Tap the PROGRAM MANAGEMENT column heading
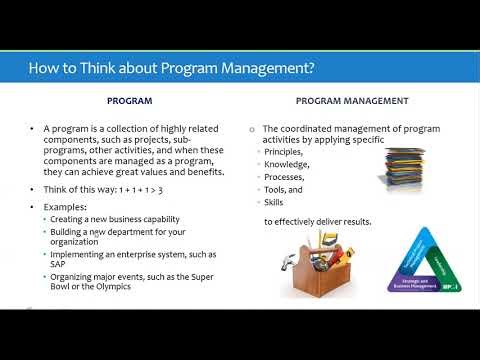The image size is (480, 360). (x=352, y=101)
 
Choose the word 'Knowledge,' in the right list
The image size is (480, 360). (x=288, y=164)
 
